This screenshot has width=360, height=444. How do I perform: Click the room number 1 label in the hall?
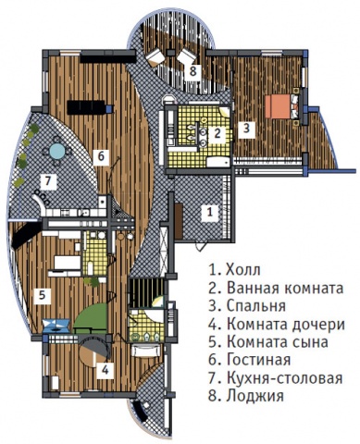(210, 212)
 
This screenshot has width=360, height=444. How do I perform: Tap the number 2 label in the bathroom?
(217, 134)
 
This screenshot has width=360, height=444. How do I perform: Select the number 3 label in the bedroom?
(246, 129)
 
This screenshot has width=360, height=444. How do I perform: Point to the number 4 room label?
(106, 370)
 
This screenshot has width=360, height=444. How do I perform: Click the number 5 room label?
(43, 296)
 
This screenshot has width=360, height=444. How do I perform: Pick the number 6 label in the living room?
(102, 157)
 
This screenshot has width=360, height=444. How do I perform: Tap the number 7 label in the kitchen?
(47, 182)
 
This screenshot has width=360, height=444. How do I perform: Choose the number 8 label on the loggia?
(192, 72)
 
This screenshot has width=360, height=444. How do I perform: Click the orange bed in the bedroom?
(279, 106)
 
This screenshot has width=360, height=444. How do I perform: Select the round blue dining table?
(57, 152)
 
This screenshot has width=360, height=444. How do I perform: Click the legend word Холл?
(243, 270)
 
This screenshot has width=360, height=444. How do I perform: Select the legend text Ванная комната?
(285, 289)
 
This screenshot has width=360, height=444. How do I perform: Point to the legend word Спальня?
(256, 307)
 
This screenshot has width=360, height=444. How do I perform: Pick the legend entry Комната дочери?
(286, 325)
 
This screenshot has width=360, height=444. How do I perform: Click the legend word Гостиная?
(259, 360)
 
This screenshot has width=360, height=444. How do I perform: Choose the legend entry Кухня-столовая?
(285, 377)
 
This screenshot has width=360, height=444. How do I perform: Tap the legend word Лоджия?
(255, 396)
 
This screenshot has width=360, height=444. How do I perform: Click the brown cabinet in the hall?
(179, 220)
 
